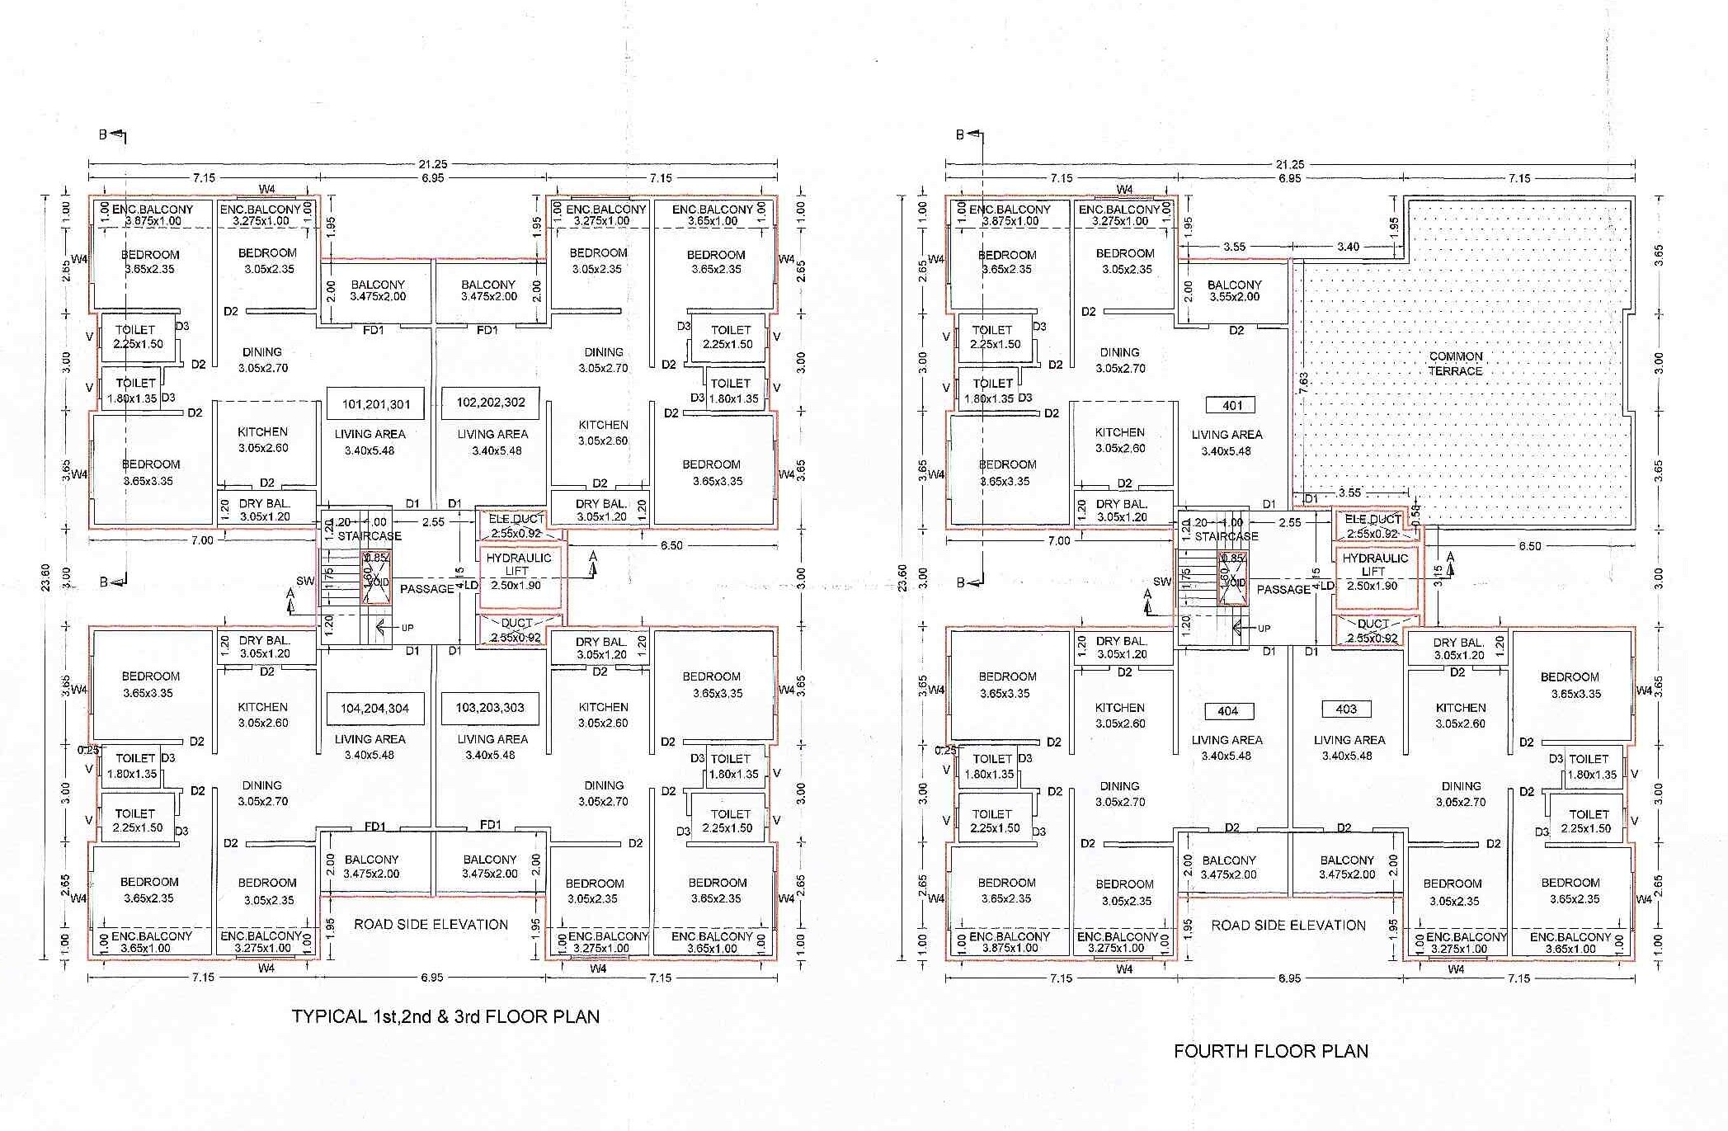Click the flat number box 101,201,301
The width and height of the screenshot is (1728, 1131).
pyautogui.click(x=375, y=404)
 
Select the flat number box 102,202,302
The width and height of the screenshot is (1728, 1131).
pyautogui.click(x=490, y=403)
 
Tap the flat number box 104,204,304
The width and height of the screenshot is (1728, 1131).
pyautogui.click(x=375, y=708)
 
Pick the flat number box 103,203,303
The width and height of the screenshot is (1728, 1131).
pyautogui.click(x=490, y=707)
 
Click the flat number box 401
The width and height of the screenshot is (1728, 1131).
pyautogui.click(x=1232, y=405)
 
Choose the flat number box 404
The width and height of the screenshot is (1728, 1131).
pyautogui.click(x=1227, y=710)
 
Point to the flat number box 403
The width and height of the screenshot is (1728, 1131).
pyautogui.click(x=1346, y=709)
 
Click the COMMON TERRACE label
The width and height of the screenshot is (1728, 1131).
pyautogui.click(x=1456, y=364)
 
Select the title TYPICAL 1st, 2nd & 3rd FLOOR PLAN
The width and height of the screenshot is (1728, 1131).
pyautogui.click(x=445, y=1016)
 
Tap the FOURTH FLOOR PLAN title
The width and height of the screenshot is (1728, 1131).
pyautogui.click(x=1270, y=1051)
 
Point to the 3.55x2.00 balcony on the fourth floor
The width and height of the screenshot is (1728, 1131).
pyautogui.click(x=1234, y=290)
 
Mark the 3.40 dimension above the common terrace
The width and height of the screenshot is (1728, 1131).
pyautogui.click(x=1348, y=247)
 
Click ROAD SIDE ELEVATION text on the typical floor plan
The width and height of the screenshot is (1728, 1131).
pyautogui.click(x=431, y=924)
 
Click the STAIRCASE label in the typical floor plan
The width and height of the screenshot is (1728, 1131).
pyautogui.click(x=369, y=535)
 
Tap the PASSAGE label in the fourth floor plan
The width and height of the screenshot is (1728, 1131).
pyautogui.click(x=1283, y=589)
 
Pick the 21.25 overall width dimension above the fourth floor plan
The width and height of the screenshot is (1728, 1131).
pyautogui.click(x=1290, y=164)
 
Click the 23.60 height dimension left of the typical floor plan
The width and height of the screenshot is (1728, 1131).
pyautogui.click(x=46, y=577)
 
